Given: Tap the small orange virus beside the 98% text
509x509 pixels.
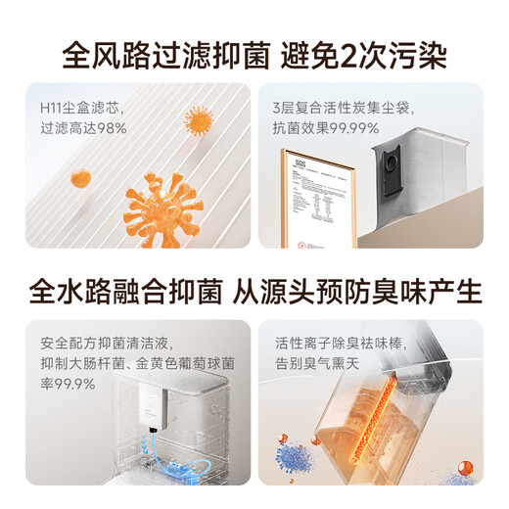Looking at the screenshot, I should (x=199, y=121).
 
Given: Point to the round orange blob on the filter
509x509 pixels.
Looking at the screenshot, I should (x=80, y=178).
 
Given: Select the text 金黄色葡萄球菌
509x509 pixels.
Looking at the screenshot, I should (x=171, y=365).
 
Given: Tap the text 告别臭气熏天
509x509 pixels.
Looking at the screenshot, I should (x=322, y=365).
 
